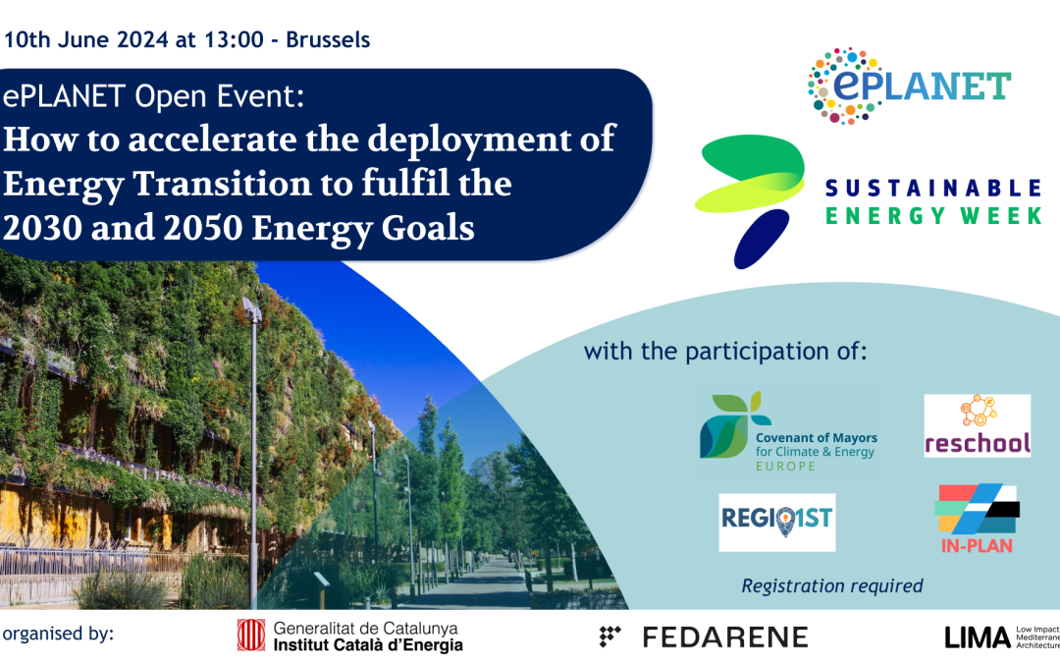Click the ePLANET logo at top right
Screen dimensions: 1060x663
pyautogui.click(x=909, y=85)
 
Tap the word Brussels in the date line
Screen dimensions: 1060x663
pyautogui.click(x=328, y=40)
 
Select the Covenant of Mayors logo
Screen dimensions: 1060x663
pyautogui.click(x=788, y=432)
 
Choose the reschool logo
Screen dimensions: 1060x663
pyautogui.click(x=978, y=425)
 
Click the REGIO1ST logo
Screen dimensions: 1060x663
pyautogui.click(x=776, y=522)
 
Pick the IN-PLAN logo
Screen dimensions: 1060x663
pyautogui.click(x=978, y=519)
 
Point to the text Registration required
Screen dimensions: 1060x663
pyautogui.click(x=832, y=585)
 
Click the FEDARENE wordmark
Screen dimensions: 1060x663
pyautogui.click(x=704, y=636)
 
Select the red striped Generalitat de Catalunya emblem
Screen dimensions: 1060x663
pyautogui.click(x=251, y=635)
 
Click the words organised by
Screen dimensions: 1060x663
pyautogui.click(x=58, y=634)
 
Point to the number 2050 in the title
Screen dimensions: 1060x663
pyautogui.click(x=203, y=228)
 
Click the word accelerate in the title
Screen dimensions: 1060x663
pyautogui.click(x=212, y=139)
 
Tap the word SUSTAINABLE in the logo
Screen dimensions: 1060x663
pyautogui.click(x=933, y=188)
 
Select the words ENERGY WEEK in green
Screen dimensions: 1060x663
pyautogui.click(x=933, y=216)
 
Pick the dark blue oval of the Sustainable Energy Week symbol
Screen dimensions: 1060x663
pyautogui.click(x=762, y=239)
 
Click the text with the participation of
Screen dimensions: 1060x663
pyautogui.click(x=725, y=352)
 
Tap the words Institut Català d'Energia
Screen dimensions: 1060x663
pyautogui.click(x=368, y=644)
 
